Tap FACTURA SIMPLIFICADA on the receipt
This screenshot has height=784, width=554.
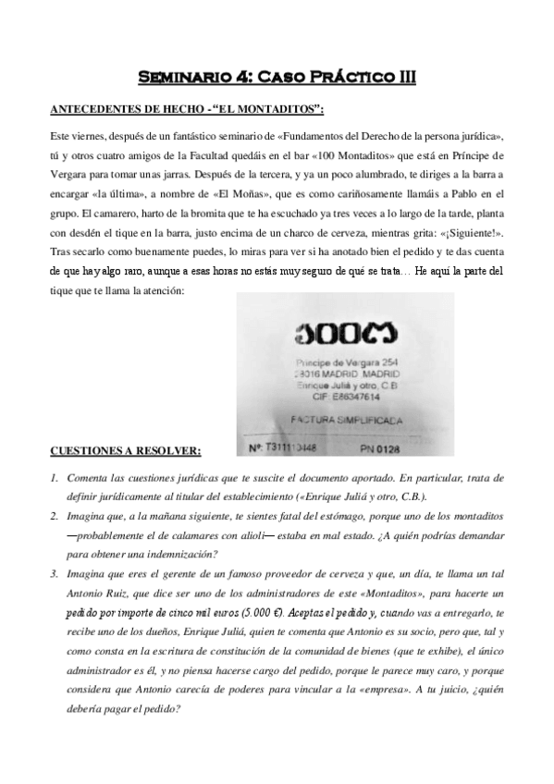coord(346,419)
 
